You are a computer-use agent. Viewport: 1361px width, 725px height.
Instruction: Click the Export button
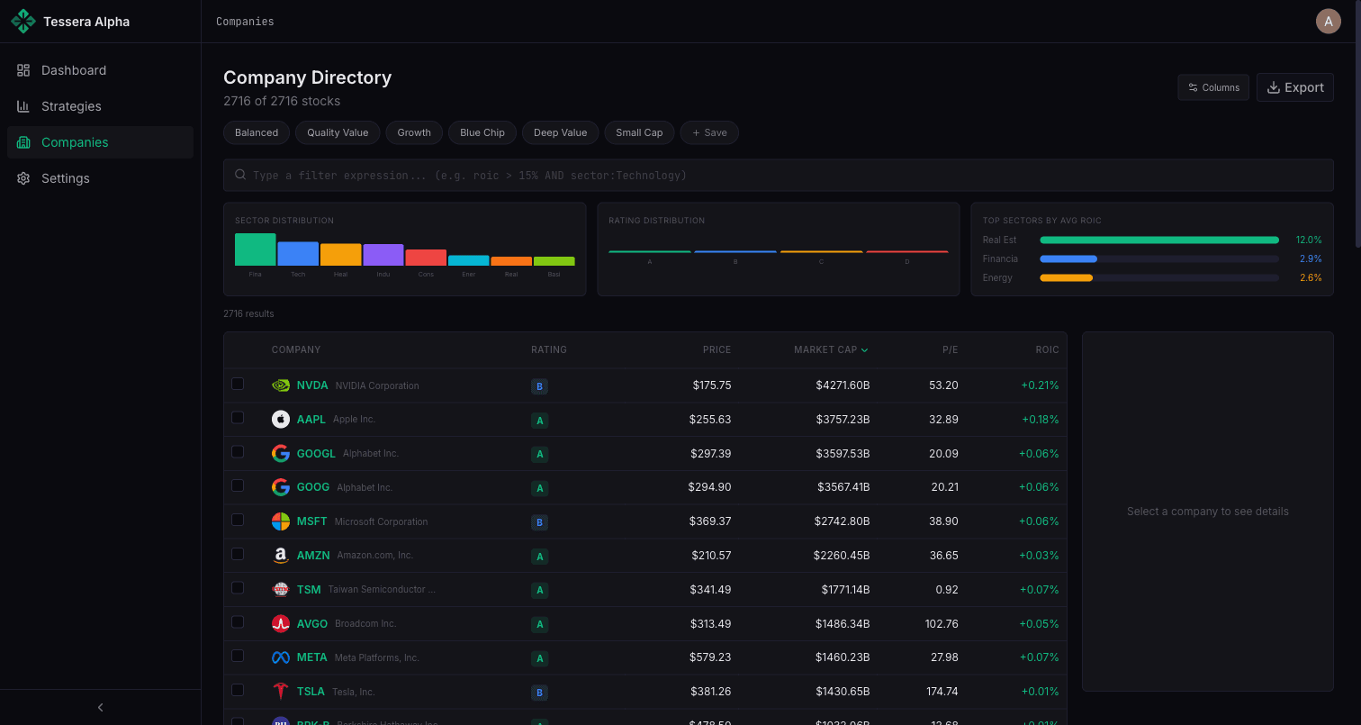[1294, 87]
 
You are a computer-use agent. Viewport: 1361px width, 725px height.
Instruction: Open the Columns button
[1212, 87]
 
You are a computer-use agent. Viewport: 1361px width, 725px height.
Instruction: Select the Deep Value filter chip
[560, 132]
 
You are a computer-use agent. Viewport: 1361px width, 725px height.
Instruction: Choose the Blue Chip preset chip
[482, 132]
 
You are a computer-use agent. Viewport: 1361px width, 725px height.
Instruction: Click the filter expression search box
[778, 176]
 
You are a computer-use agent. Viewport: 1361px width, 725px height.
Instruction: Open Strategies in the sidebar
[71, 106]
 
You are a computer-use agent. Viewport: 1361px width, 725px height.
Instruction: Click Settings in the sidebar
[65, 178]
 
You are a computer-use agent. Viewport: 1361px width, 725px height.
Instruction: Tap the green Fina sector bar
[255, 249]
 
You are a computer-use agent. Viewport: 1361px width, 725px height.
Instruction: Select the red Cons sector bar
[426, 258]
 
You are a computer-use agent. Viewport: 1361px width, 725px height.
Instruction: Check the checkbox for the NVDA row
[238, 384]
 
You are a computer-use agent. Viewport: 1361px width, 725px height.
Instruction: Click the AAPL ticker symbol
[311, 420]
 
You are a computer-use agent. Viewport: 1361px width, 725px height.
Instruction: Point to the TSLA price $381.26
[710, 692]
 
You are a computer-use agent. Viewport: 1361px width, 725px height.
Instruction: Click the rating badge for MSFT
[539, 522]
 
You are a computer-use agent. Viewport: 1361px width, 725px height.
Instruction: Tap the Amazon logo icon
[281, 556]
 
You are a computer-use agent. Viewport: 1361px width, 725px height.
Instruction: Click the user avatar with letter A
[1328, 22]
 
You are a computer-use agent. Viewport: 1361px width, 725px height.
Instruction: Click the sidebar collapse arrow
[100, 707]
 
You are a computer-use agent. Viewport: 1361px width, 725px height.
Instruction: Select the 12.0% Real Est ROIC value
[1308, 240]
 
